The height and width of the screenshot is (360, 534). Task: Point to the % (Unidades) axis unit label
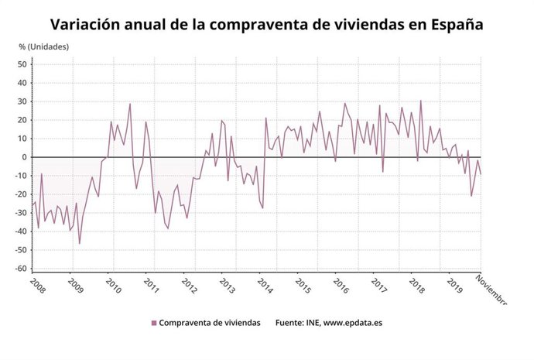[x=44, y=46]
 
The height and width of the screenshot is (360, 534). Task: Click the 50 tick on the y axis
[x=23, y=64]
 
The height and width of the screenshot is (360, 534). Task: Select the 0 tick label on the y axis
[x=26, y=157]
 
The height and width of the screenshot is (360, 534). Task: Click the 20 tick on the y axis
[x=23, y=120]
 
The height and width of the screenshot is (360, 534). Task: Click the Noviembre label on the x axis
[x=491, y=290]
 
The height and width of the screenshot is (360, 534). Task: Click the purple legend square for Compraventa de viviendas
[x=154, y=323]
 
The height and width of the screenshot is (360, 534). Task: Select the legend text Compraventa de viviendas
[x=210, y=323]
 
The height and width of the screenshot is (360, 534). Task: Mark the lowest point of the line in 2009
[x=79, y=244]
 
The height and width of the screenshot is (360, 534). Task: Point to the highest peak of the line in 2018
[x=421, y=101]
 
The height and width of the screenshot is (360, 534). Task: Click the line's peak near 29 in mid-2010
[x=130, y=104]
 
